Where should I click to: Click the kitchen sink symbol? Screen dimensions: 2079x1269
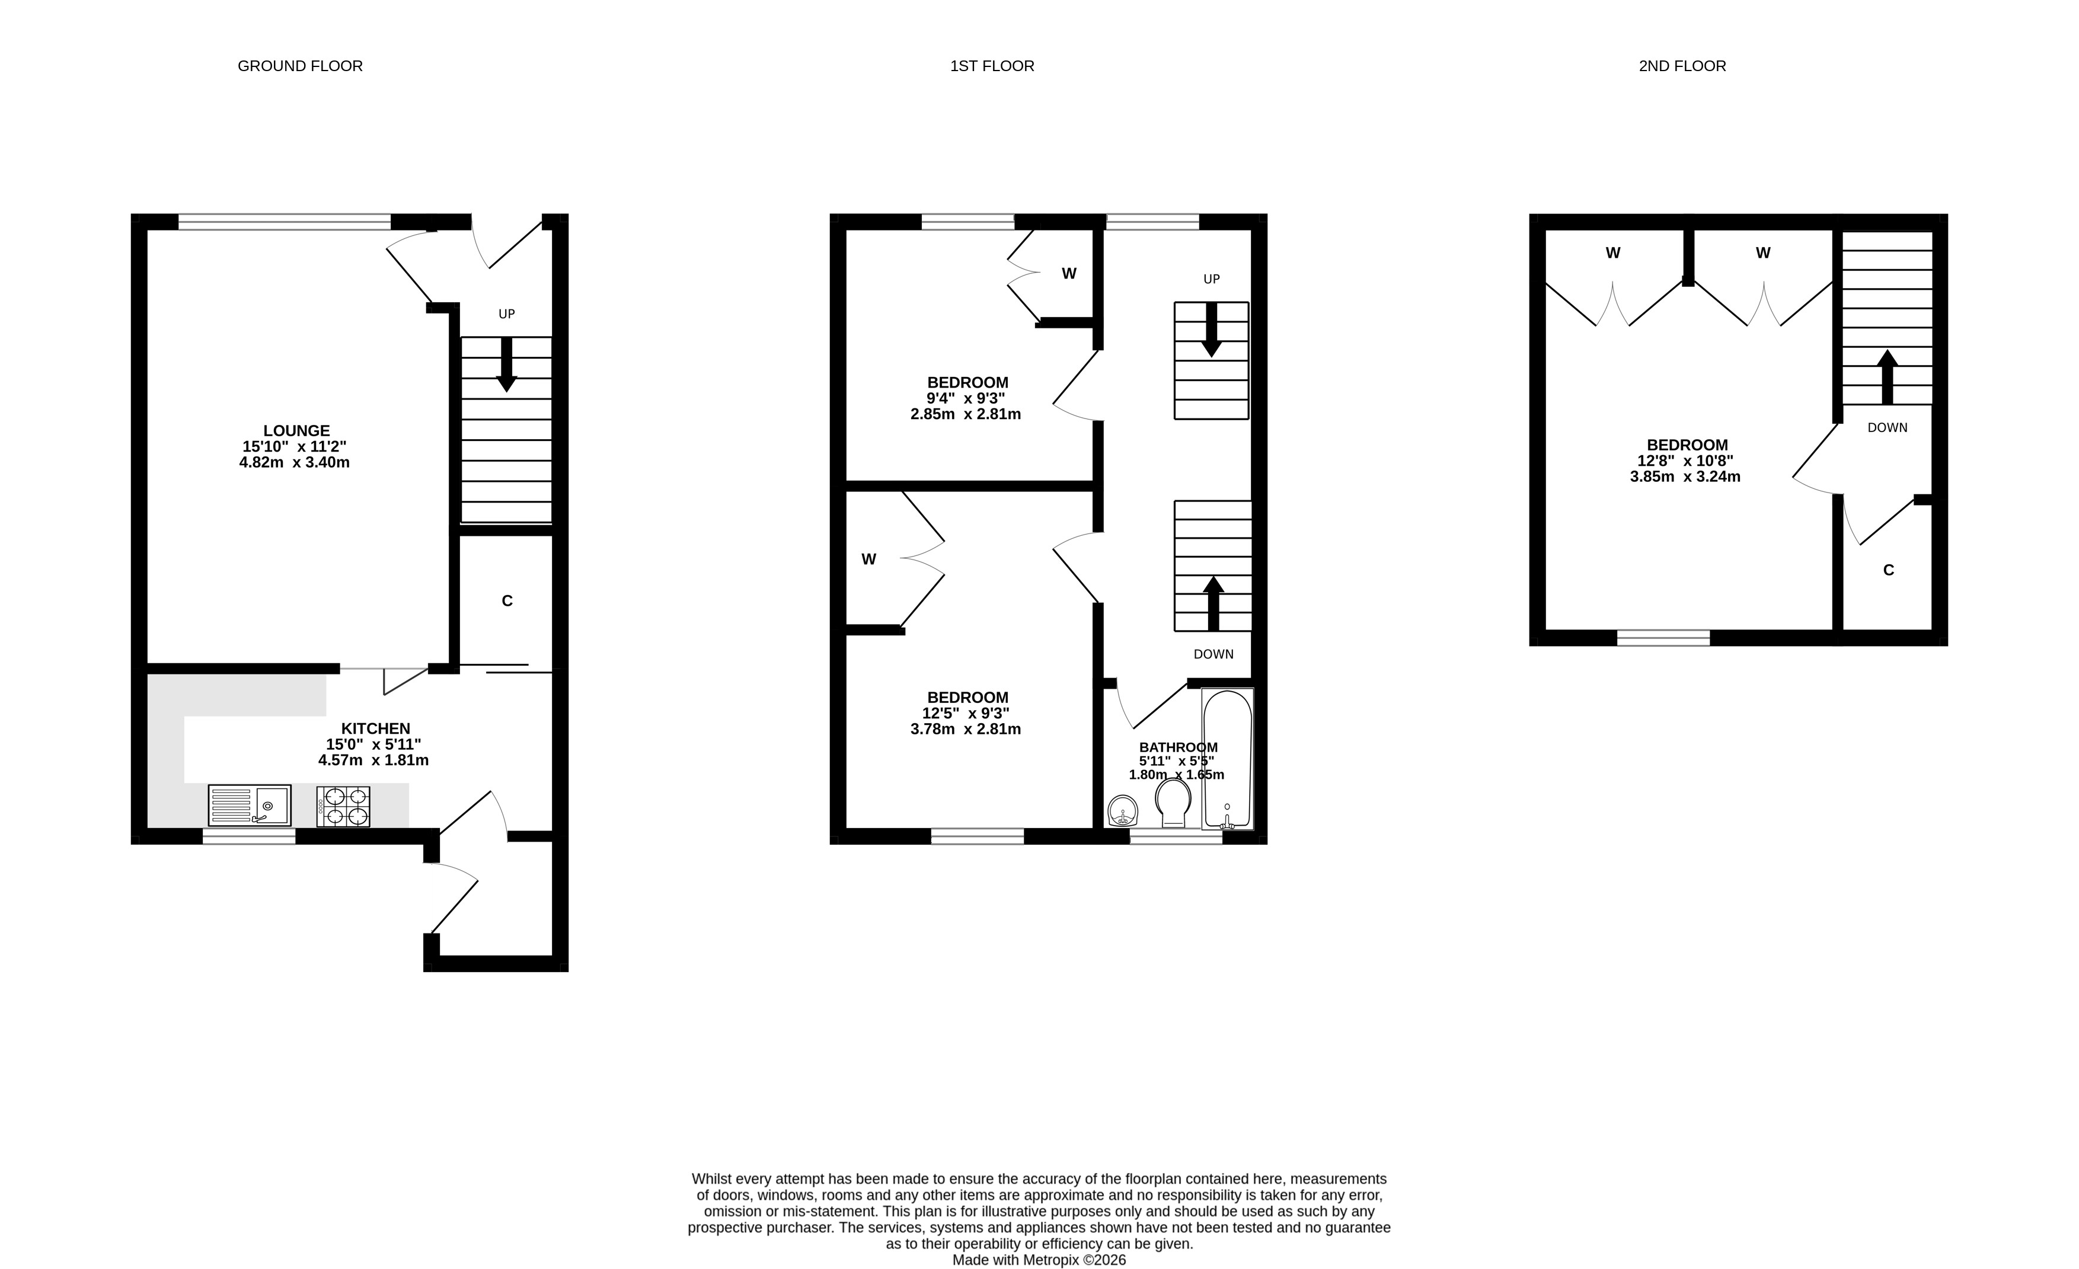[x=250, y=805]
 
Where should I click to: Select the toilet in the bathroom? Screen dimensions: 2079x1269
[x=1173, y=803]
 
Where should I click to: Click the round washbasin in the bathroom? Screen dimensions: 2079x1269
[x=1123, y=811]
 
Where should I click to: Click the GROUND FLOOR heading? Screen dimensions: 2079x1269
[x=301, y=66]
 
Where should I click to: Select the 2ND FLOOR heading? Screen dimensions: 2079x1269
[x=1682, y=66]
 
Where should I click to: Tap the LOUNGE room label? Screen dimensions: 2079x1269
[x=296, y=430]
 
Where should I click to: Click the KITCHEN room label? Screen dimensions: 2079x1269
[x=375, y=728]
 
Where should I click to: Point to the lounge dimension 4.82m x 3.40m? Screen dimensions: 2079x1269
[x=295, y=462]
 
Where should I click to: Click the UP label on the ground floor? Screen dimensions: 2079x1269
[x=506, y=314]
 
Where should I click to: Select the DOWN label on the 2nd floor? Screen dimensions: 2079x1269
[x=1888, y=428]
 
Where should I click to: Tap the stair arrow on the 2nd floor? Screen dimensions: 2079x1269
[x=1888, y=377]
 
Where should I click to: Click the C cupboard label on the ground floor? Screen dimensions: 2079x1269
[x=507, y=601]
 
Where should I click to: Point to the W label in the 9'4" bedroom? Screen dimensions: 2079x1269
[x=1069, y=273]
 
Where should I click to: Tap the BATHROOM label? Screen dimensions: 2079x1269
[x=1178, y=747]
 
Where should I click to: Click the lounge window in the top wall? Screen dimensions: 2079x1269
[x=285, y=222]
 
